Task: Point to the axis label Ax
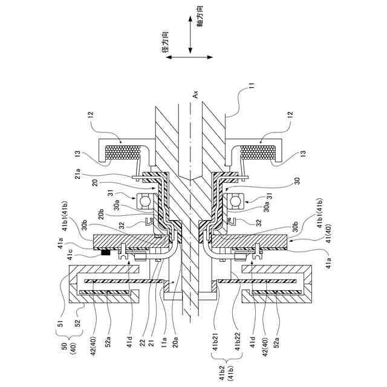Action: [195, 94]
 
